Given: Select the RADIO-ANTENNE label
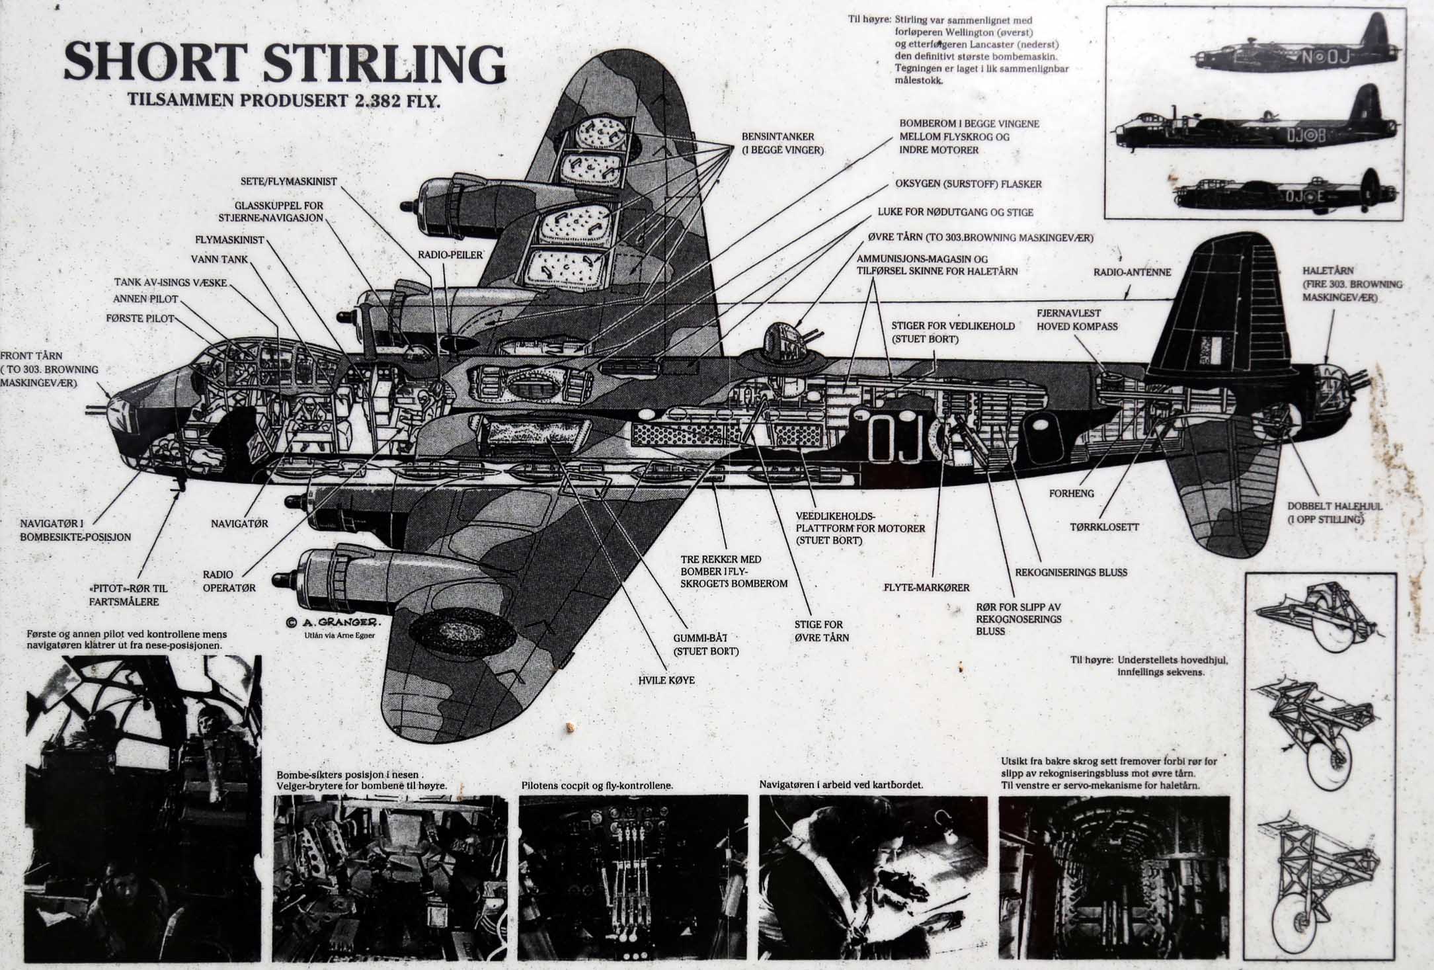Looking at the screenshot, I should pos(1132,272).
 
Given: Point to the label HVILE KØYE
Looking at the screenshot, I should pos(666,679).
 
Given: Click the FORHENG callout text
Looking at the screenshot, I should pos(1071,493).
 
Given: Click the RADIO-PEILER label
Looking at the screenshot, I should pos(450,255).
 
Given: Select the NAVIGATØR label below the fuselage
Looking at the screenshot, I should pos(239,523).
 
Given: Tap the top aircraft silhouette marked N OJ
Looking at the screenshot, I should pos(1296,55).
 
